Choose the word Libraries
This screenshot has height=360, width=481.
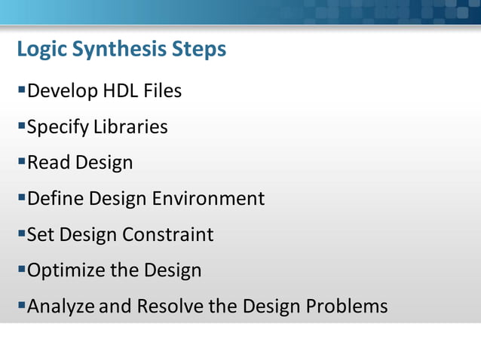point(130,127)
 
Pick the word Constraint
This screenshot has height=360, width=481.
point(168,234)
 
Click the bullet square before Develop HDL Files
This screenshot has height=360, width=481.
point(21,90)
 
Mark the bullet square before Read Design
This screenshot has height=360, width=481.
point(21,162)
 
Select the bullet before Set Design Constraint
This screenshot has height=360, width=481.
point(21,233)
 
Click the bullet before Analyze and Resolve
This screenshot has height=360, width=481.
point(21,306)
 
